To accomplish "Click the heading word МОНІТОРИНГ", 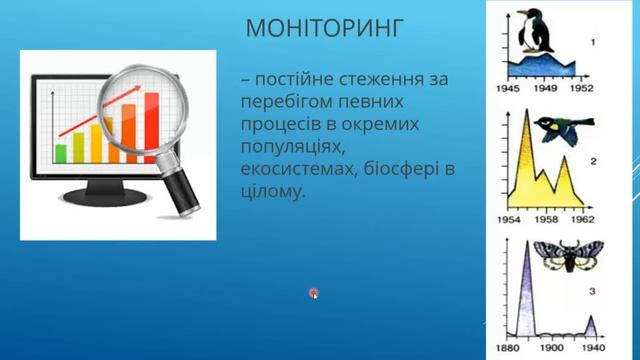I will click(324, 27).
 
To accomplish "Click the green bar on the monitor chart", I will click(61, 152).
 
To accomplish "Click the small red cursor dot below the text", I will click(314, 293).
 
